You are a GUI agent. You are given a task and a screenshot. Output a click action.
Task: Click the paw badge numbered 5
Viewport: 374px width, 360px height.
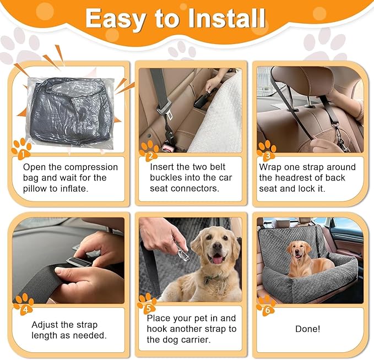pos(147,303)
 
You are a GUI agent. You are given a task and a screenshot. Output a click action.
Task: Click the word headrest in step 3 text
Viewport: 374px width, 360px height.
pos(297,177)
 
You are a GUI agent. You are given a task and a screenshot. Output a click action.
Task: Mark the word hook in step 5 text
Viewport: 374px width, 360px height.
pos(158,329)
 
